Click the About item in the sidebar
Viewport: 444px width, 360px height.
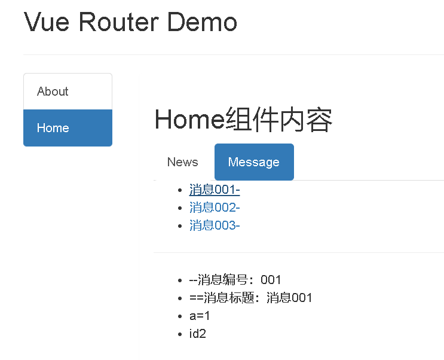click(53, 91)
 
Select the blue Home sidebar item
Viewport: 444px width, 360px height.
click(53, 128)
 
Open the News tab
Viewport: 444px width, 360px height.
click(182, 162)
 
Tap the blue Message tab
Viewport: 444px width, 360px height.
click(254, 162)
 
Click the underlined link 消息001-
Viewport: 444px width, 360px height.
click(215, 190)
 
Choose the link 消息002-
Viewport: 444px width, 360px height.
click(215, 208)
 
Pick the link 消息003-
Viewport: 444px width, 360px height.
click(215, 225)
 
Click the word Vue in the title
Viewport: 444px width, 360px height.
click(47, 22)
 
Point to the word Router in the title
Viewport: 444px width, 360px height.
click(119, 22)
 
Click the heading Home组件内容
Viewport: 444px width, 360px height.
click(243, 120)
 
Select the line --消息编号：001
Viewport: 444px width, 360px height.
click(235, 280)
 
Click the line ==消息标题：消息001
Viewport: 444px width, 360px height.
click(250, 298)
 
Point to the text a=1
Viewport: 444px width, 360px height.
click(200, 316)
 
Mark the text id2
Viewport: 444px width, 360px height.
click(197, 334)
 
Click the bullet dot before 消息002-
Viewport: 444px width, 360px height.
click(180, 208)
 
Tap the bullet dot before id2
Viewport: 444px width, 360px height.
click(180, 334)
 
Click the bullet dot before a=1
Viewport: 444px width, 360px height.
click(180, 316)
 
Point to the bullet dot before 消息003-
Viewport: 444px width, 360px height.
click(180, 226)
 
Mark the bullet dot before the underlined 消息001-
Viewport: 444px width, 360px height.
click(180, 191)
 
